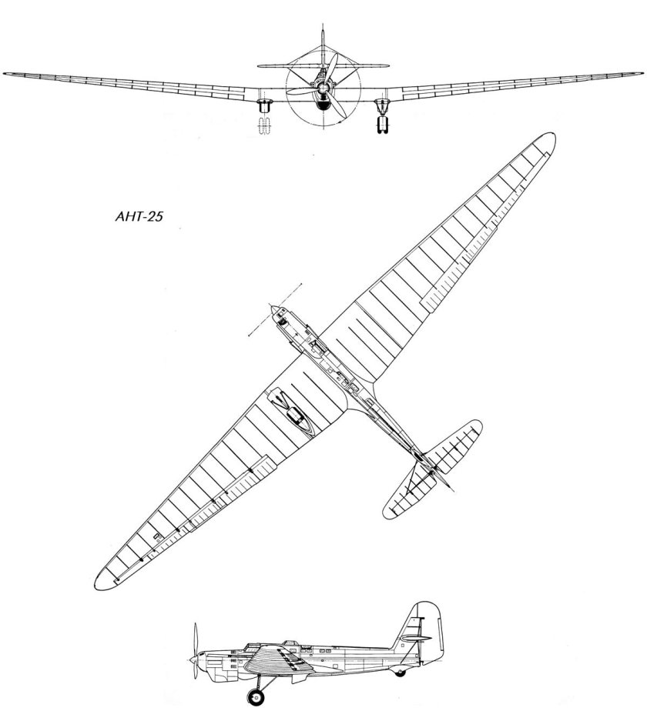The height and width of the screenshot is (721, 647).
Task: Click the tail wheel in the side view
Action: (399, 673)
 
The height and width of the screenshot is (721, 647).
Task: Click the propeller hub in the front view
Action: (322, 86)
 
